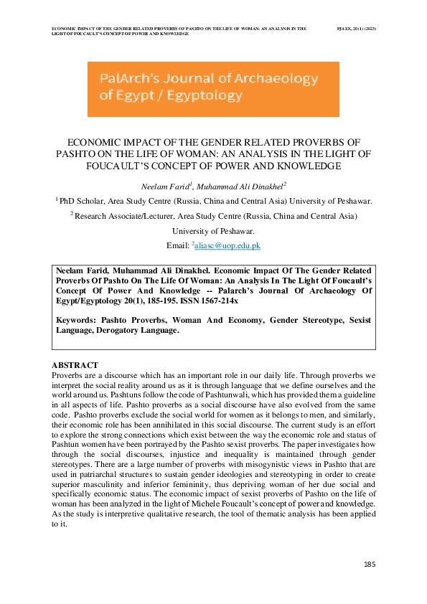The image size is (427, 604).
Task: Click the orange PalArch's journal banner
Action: point(213,89)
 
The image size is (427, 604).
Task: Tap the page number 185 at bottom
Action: point(370,565)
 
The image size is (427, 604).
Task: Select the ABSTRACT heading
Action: point(75,366)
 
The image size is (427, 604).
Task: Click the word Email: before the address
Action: point(179,246)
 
